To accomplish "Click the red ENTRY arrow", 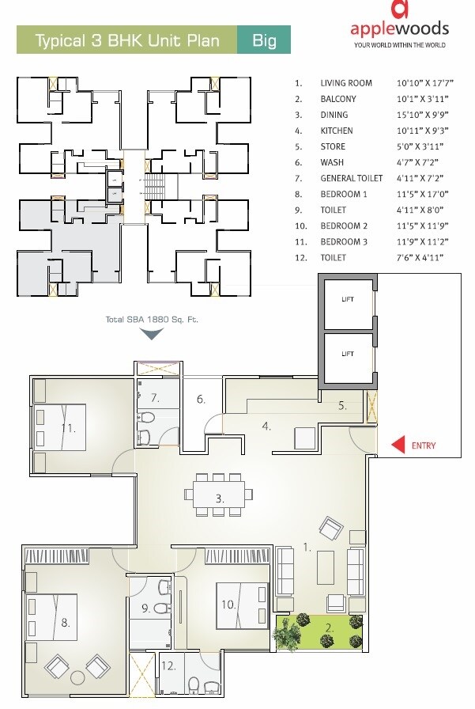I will (x=399, y=445).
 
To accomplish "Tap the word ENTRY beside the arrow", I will (x=424, y=445).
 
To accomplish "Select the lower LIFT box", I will (x=347, y=354).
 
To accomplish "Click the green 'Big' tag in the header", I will (x=264, y=40).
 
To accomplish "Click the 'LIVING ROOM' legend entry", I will (x=345, y=83).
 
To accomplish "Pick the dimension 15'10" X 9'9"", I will (x=420, y=115).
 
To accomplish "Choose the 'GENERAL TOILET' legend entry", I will (x=352, y=179).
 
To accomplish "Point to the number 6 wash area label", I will (x=202, y=400).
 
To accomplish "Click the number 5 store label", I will (x=341, y=405).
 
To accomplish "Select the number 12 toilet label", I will (x=168, y=665).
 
